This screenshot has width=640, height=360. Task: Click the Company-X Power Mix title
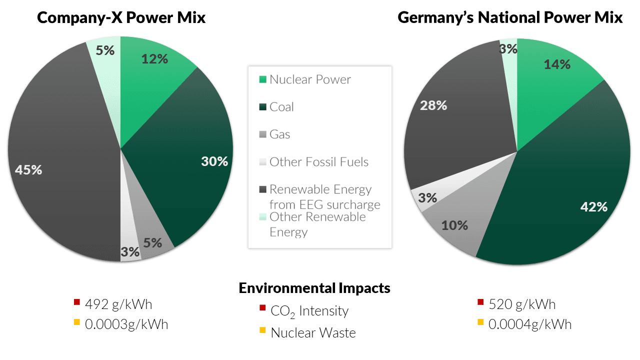[x=121, y=18]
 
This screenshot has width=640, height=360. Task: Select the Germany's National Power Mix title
[x=510, y=18]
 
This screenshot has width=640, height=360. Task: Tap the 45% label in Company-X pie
[x=28, y=170]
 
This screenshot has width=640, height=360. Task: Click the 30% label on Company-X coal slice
[x=214, y=161]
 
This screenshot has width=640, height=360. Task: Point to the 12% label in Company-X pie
[x=154, y=59]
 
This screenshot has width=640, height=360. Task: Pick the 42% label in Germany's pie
[x=593, y=207]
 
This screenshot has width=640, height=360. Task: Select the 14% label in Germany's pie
[x=557, y=64]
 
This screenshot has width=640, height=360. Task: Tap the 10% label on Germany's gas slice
[x=454, y=225]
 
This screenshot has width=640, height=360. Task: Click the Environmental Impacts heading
[x=314, y=288]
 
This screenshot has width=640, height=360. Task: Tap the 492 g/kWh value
[x=118, y=304]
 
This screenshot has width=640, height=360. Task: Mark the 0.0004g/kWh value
[x=530, y=324]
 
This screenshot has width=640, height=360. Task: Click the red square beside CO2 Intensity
[x=262, y=307]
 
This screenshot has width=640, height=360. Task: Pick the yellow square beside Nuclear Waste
[x=262, y=329]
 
